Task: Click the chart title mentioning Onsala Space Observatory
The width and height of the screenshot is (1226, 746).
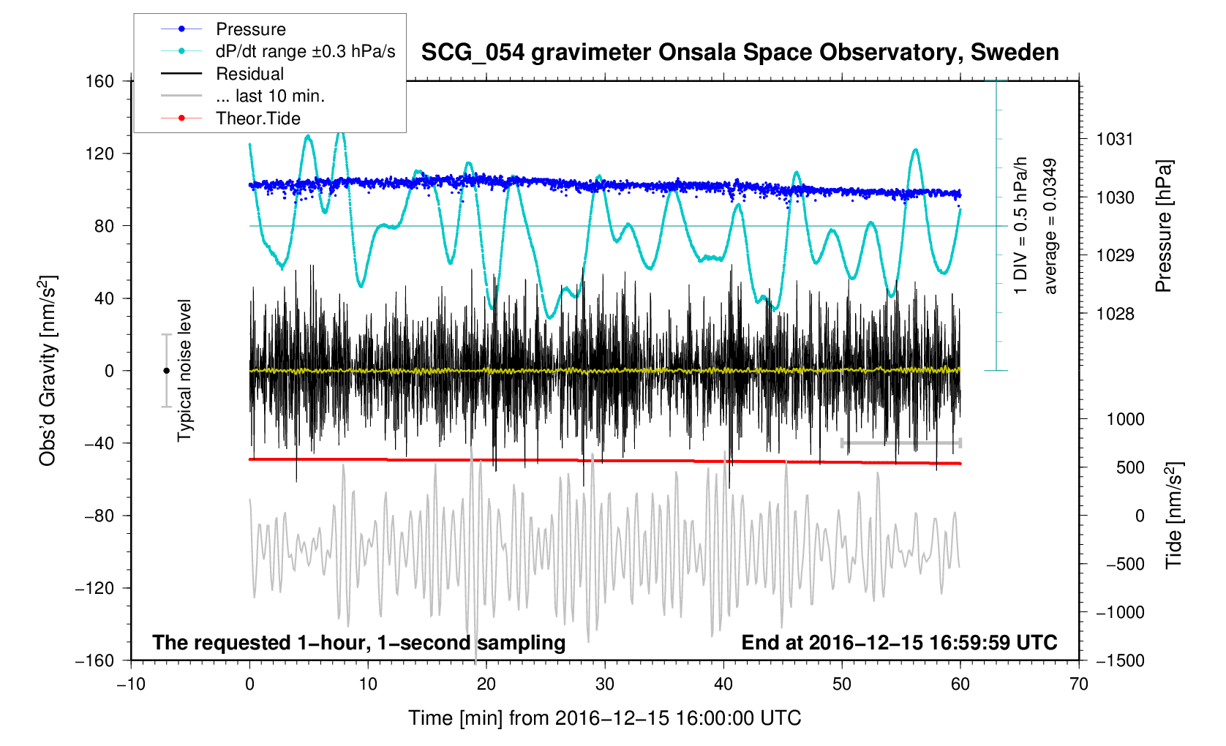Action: click(x=740, y=53)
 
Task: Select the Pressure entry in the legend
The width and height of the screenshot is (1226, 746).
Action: click(x=250, y=29)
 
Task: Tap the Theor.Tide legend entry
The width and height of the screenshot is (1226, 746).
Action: click(x=257, y=118)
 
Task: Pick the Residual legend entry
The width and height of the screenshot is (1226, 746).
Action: click(x=249, y=74)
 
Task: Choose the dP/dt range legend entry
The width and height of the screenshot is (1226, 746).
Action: click(x=305, y=51)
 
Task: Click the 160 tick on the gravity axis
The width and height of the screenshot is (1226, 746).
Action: click(x=99, y=81)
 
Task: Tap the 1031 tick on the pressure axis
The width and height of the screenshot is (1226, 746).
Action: click(x=1115, y=139)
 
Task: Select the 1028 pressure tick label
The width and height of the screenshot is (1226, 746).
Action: click(x=1115, y=314)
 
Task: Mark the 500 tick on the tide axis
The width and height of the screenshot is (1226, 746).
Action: click(x=1130, y=467)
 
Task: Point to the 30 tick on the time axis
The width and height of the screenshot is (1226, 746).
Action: click(x=604, y=685)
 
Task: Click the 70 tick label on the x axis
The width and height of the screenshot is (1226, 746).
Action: click(x=1078, y=685)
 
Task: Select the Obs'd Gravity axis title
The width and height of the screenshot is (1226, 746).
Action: click(x=48, y=371)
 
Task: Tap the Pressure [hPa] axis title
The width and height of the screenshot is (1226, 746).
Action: click(x=1163, y=227)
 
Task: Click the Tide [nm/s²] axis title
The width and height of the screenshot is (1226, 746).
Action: click(x=1173, y=515)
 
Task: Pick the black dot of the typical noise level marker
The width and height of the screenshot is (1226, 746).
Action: click(x=166, y=371)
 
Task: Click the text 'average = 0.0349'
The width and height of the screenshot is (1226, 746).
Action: click(x=1050, y=227)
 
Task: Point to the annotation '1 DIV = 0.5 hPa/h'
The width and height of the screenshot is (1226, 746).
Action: click(x=1021, y=225)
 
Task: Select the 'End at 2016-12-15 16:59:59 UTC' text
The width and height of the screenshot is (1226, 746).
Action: click(x=899, y=643)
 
